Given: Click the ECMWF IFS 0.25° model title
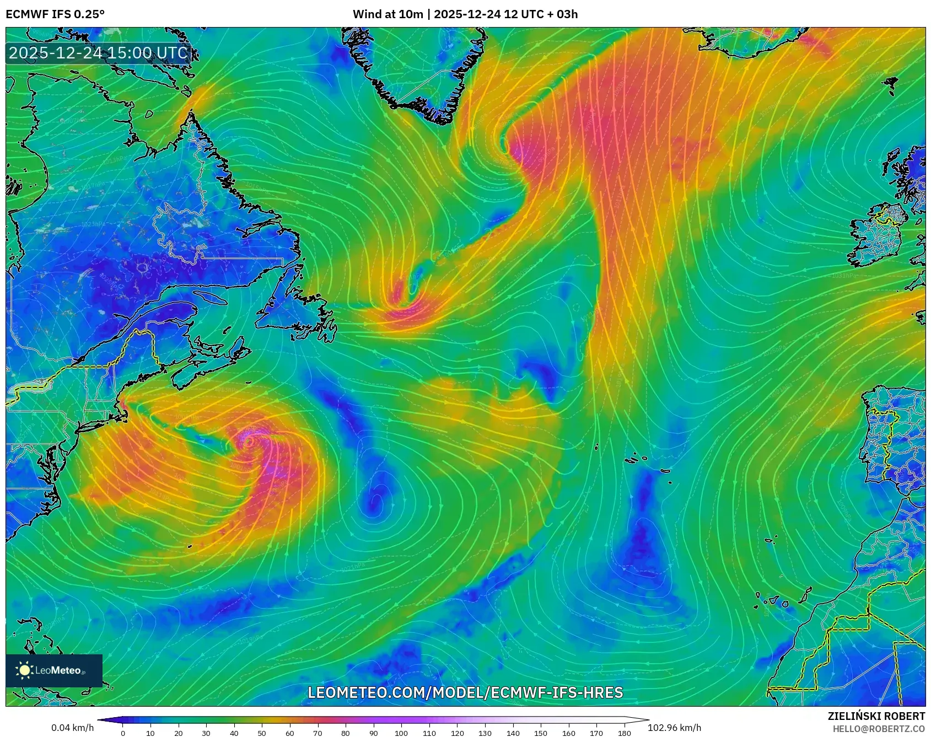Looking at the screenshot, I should click(55, 14).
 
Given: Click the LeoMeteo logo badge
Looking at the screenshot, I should click(54, 670).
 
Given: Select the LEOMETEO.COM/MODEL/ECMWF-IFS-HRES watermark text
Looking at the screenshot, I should click(465, 692).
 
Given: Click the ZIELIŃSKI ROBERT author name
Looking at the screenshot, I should click(876, 716).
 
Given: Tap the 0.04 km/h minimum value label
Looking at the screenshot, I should click(72, 728).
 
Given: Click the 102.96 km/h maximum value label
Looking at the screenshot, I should click(674, 728).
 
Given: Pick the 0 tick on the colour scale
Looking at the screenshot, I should click(123, 733).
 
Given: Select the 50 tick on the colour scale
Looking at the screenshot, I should click(262, 733).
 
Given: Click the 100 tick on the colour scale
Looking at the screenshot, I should click(401, 733).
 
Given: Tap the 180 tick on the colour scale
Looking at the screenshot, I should click(624, 733).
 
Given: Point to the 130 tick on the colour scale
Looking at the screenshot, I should click(485, 733).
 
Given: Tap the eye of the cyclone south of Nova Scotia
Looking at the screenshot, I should click(249, 442).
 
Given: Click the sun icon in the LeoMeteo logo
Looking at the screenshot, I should click(24, 670).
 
